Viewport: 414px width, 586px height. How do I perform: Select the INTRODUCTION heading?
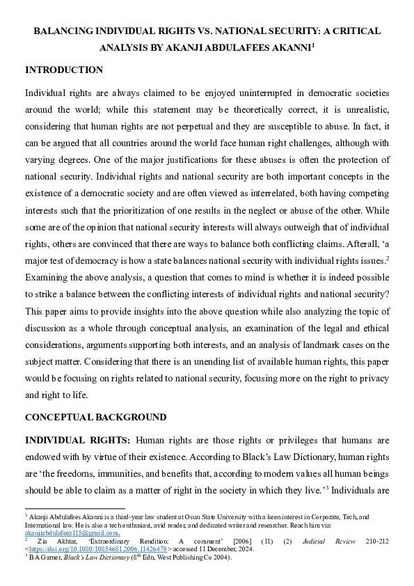(64, 70)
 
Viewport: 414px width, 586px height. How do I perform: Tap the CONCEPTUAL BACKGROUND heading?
(95, 418)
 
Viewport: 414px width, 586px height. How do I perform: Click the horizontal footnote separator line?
(74, 508)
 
